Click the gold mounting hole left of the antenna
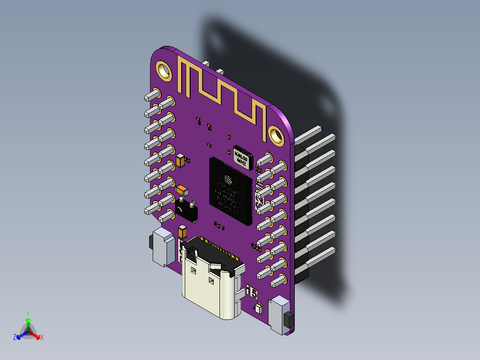[x=163, y=70]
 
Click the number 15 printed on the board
[x=252, y=293]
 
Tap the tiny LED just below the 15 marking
[x=258, y=308]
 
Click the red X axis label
[x=41, y=338]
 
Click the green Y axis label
[x=28, y=313]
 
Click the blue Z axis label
[x=15, y=338]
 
